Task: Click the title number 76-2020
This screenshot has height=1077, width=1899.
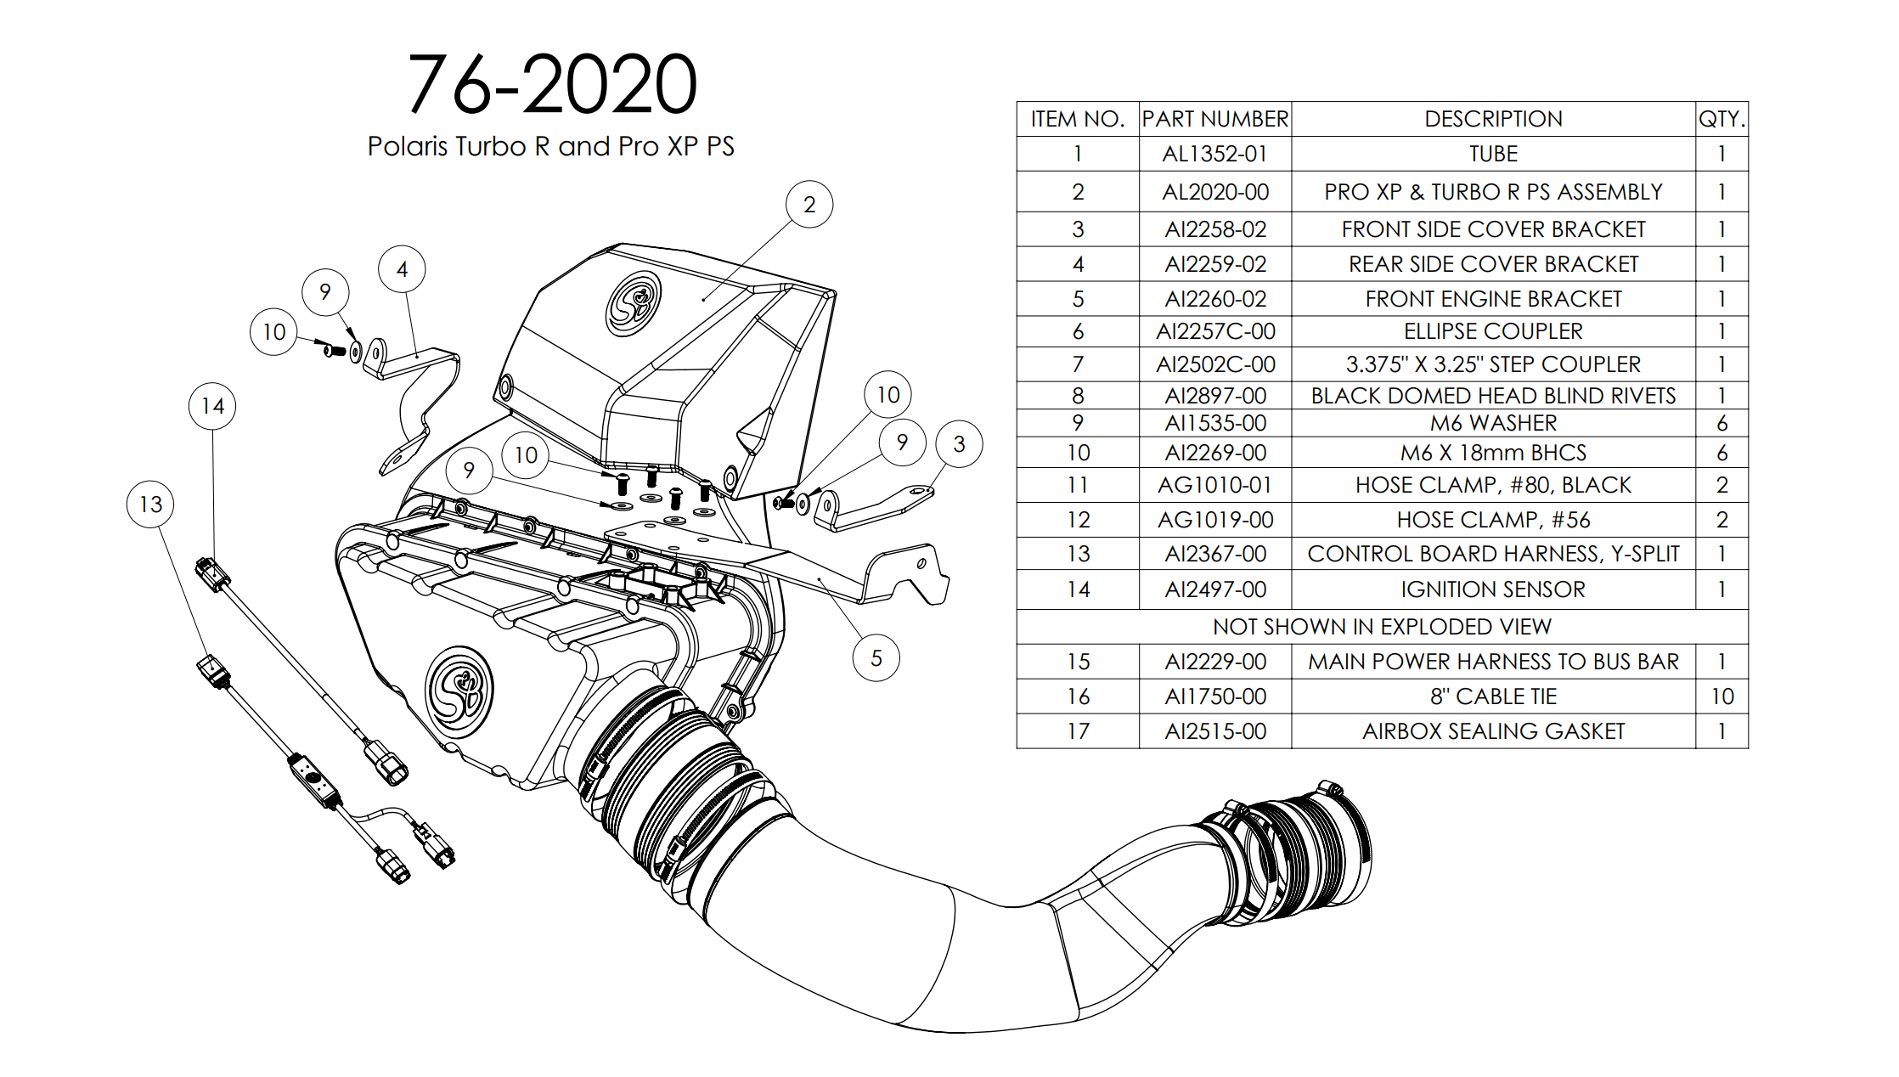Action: [552, 84]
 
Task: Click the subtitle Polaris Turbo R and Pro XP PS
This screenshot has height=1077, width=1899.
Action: [550, 146]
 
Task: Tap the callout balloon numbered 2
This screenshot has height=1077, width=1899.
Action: [809, 205]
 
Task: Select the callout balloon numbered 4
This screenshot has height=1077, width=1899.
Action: [402, 269]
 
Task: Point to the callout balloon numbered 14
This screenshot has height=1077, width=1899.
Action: [212, 406]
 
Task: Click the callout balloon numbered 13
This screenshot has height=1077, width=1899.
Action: [150, 505]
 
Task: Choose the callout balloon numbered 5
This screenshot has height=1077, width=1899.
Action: [876, 658]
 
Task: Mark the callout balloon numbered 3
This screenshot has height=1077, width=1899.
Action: [959, 443]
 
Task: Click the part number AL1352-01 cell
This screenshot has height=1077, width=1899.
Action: [1214, 154]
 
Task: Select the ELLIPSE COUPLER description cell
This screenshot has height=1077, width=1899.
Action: [1492, 331]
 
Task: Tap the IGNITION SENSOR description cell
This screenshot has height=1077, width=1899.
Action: [1492, 589]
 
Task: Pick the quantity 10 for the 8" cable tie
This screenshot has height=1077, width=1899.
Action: [1721, 696]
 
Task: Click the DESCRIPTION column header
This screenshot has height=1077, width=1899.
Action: [1492, 119]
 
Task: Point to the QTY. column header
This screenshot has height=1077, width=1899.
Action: [1721, 119]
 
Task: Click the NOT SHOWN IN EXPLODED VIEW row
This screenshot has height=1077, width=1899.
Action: [1382, 627]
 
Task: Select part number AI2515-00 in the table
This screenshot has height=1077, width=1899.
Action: [1214, 731]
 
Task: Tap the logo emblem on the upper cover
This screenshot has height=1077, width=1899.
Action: [634, 303]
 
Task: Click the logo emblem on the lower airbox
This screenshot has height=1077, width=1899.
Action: [459, 691]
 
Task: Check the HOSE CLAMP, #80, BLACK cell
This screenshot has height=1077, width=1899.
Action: [1492, 485]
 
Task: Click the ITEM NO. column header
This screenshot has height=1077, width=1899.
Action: [1077, 119]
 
